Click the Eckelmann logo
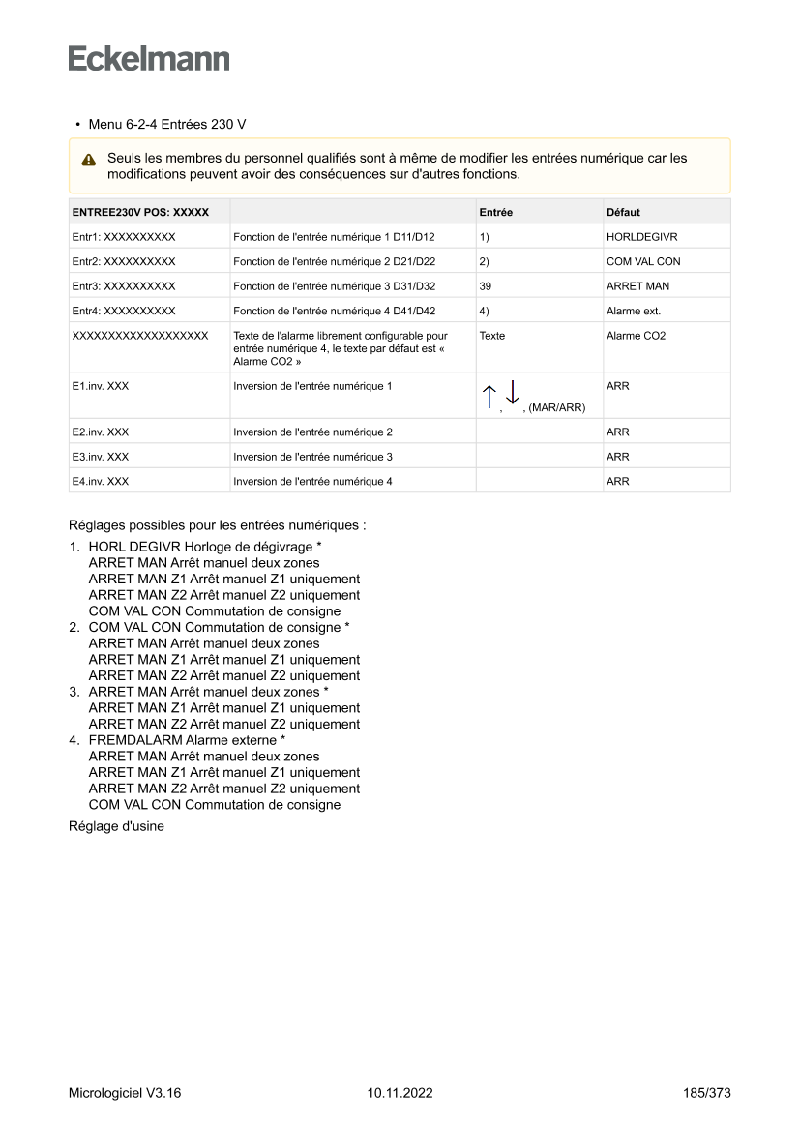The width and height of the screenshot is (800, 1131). click(149, 59)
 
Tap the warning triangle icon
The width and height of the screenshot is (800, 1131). click(89, 160)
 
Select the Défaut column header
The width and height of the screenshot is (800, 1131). click(623, 212)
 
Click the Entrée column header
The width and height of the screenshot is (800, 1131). click(496, 212)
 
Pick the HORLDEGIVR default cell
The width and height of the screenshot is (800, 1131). click(641, 236)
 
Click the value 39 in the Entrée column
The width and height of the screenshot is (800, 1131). click(486, 286)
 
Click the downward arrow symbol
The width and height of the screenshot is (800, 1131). click(513, 392)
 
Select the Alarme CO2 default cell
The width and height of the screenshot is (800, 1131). click(636, 336)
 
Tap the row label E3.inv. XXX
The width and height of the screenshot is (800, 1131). click(101, 457)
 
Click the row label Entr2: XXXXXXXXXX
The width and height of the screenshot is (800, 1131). click(124, 261)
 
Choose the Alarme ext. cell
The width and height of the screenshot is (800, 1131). click(634, 312)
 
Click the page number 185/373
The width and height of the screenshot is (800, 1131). click(706, 1093)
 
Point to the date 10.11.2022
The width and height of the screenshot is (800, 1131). click(400, 1093)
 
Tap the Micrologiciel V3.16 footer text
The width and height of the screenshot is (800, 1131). click(125, 1093)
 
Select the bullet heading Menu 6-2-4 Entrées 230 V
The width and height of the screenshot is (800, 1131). click(166, 125)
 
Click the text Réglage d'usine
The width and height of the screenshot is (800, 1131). click(116, 826)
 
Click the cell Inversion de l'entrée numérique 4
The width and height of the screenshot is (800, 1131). click(312, 481)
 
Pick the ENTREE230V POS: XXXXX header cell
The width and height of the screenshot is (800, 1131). click(140, 212)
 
